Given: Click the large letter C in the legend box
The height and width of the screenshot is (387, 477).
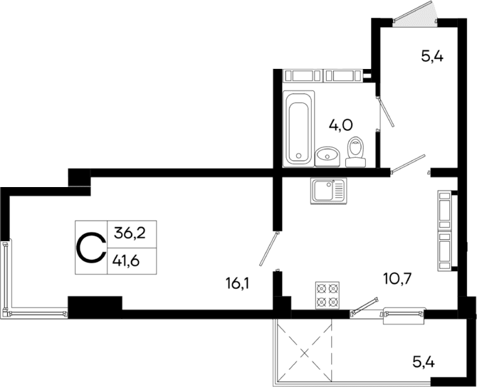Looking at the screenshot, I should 91,248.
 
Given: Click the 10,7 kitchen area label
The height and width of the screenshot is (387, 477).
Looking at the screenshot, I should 378,279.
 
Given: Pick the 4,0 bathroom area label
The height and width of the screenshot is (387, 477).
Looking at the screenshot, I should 340,125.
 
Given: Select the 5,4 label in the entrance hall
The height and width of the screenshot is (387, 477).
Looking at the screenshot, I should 432,58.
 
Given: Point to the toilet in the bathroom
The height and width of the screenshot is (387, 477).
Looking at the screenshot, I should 355,152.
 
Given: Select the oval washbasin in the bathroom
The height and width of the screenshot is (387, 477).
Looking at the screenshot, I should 328,154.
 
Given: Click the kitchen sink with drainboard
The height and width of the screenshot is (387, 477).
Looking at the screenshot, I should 328,191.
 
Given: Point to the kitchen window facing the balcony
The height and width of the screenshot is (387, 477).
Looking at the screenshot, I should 404,313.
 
